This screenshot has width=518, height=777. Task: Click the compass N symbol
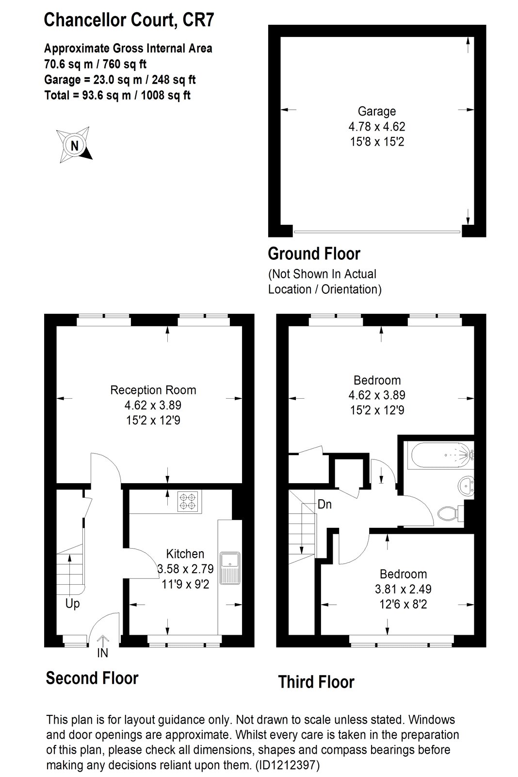pyautogui.click(x=75, y=145)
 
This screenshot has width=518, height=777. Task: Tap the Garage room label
pyautogui.click(x=377, y=111)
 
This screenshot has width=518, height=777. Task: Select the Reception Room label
pyautogui.click(x=153, y=390)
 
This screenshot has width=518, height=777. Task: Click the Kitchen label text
pyautogui.click(x=185, y=554)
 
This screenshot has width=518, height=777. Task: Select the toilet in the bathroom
pyautogui.click(x=451, y=513)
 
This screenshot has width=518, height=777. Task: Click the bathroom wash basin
pyautogui.click(x=466, y=487)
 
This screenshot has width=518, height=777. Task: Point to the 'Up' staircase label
pyautogui.click(x=72, y=604)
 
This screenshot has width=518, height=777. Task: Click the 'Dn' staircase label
pyautogui.click(x=324, y=504)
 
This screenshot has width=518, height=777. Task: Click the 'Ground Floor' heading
pyautogui.click(x=314, y=253)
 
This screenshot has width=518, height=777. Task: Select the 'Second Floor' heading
pyautogui.click(x=92, y=678)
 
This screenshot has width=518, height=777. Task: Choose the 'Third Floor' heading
pyautogui.click(x=316, y=682)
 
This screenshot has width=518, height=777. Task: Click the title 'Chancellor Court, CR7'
pyautogui.click(x=129, y=20)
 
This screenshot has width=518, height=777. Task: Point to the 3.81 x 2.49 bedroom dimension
pyautogui.click(x=403, y=589)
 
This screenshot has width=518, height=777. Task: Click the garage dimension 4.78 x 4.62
pyautogui.click(x=377, y=127)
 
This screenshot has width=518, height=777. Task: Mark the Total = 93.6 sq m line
pyautogui.click(x=117, y=95)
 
